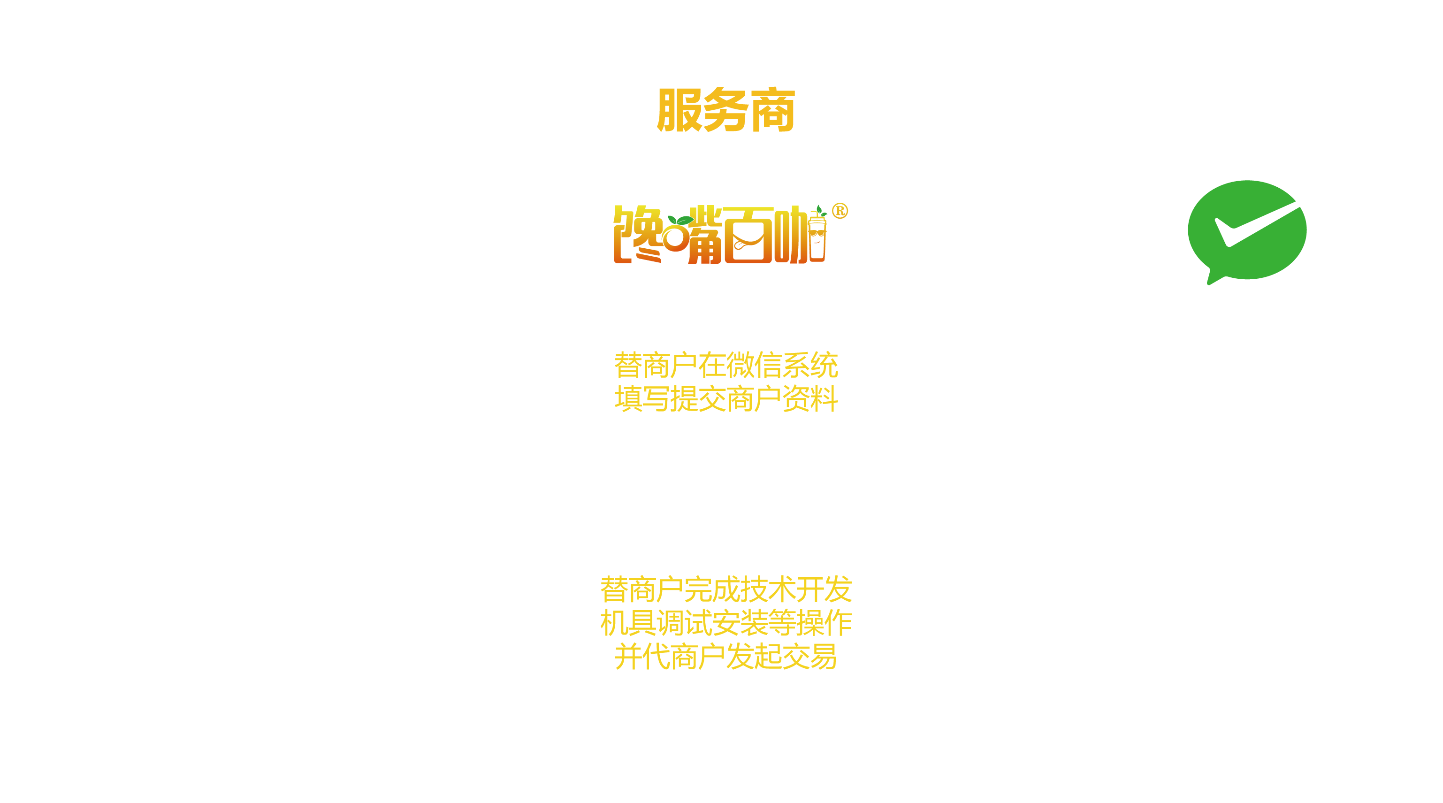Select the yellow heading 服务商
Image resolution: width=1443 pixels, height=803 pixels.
tap(726, 110)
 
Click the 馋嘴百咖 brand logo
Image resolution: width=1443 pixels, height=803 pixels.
tap(720, 234)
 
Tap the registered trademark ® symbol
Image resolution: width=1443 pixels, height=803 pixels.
tap(840, 211)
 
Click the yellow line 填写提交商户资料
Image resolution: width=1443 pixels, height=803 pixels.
tap(726, 399)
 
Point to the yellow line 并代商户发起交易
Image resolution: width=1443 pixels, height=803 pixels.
tap(726, 657)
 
